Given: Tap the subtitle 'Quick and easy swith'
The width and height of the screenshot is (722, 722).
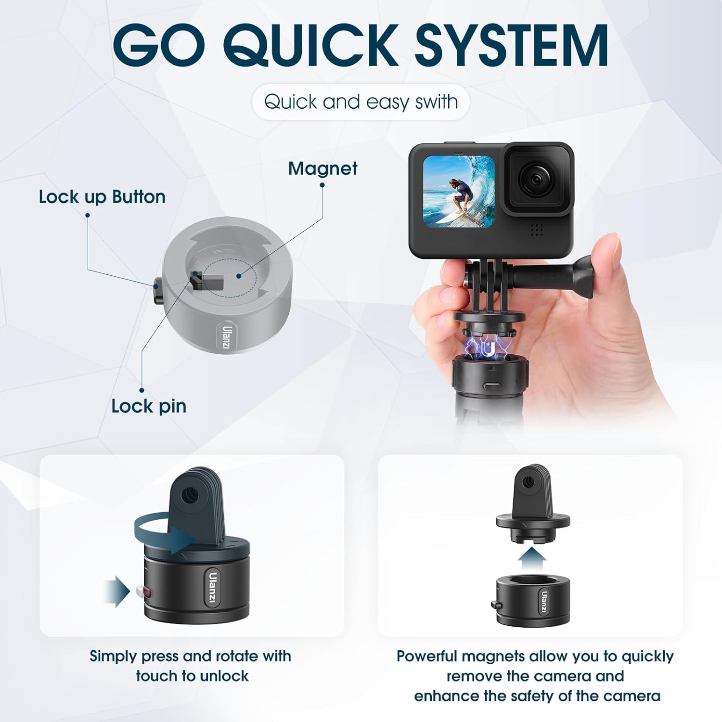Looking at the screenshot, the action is [x=361, y=102].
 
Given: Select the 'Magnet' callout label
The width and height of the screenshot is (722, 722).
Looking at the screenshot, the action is [x=322, y=169].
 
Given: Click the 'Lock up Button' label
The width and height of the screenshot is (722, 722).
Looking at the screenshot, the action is [x=102, y=197].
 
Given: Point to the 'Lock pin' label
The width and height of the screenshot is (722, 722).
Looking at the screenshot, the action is [x=149, y=406].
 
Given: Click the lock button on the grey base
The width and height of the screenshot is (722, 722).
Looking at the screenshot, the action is [x=158, y=291].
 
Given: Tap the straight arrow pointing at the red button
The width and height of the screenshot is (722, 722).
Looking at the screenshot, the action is [x=117, y=591].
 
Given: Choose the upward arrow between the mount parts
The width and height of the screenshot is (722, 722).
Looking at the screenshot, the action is [x=532, y=559].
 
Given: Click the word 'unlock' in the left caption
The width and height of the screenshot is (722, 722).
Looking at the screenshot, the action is [x=224, y=676].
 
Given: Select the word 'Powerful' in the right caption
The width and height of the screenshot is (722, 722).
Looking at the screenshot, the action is [x=427, y=657].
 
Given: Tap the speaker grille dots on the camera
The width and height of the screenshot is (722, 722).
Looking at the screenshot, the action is [x=537, y=230].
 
